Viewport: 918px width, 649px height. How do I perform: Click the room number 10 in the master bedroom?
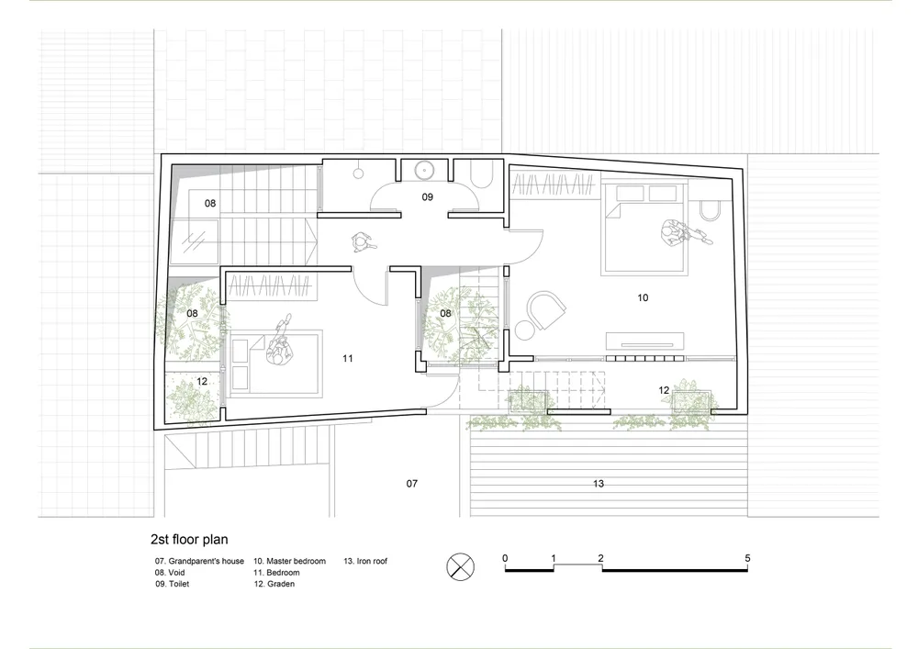point(643,297)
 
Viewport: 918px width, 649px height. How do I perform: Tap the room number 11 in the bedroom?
point(348,358)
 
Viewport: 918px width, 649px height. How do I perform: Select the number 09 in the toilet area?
point(428,197)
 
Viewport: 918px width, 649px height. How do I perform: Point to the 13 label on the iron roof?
point(599,484)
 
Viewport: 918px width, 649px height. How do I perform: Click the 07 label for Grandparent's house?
point(412,484)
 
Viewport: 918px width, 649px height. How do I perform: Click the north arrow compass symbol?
point(461,566)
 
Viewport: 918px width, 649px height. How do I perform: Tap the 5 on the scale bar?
point(747,558)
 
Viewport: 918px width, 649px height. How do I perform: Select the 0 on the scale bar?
point(505,558)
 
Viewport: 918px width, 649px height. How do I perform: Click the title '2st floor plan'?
point(189,540)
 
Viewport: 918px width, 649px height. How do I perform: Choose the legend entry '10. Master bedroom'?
point(290,561)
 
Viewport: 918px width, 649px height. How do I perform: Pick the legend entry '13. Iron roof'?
point(365,561)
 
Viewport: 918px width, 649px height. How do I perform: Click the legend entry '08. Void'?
point(170,572)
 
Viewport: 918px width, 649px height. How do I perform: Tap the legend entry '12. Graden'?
point(274,584)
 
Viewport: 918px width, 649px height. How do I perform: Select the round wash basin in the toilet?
point(423,171)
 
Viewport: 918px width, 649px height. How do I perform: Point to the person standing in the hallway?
point(361,242)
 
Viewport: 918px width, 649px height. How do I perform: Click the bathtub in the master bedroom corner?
point(711,211)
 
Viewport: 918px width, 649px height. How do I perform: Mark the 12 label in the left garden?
point(202,382)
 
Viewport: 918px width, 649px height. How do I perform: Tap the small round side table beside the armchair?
point(524,330)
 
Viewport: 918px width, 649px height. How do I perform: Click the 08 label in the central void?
point(445,313)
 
